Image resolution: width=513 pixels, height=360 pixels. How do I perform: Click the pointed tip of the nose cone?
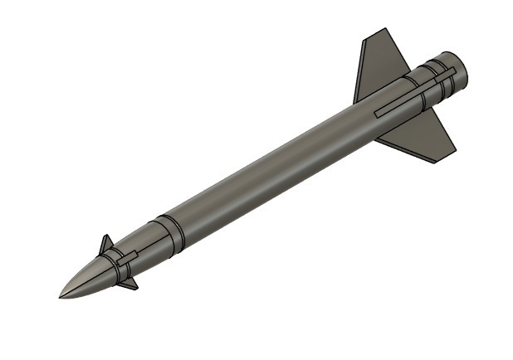[x=61, y=296]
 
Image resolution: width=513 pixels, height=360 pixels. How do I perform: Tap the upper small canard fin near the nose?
[x=106, y=246]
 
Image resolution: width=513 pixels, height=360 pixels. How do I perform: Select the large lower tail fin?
[x=423, y=137]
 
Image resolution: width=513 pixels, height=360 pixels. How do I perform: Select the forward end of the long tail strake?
[x=378, y=114]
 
